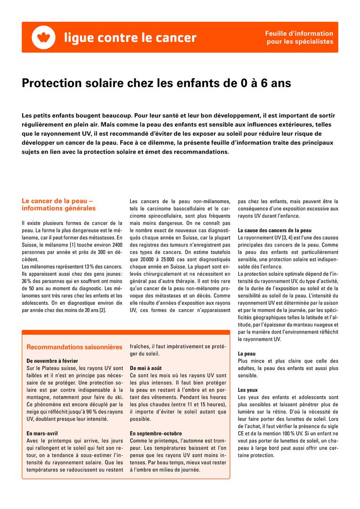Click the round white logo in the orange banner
43,37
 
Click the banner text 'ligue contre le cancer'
130,38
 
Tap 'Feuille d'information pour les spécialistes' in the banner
299,37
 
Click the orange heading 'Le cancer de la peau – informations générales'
58,205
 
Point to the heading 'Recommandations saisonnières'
74,347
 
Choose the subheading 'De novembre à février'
52,361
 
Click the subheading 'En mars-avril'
42,433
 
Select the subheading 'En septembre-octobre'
155,433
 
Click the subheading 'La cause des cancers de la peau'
274,230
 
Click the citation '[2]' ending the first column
103,310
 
